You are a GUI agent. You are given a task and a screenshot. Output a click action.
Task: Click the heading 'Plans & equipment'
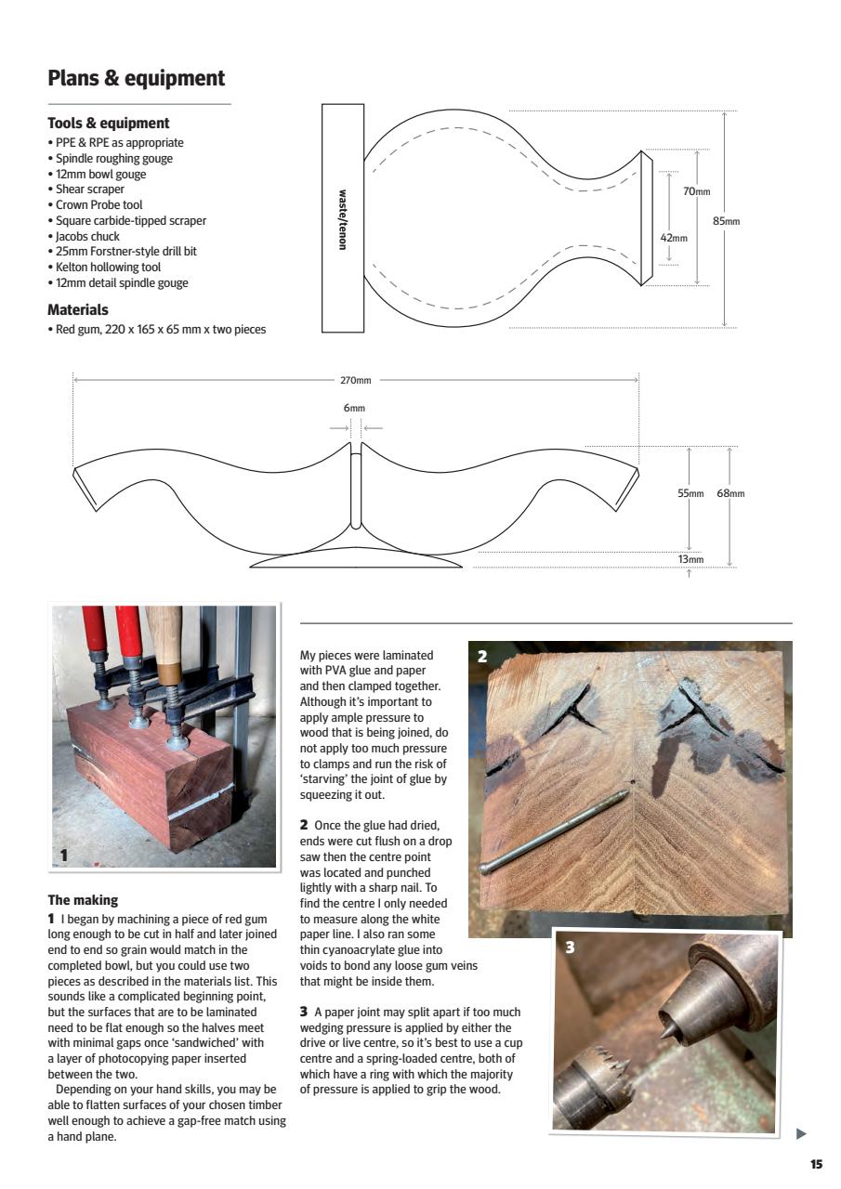click(x=136, y=78)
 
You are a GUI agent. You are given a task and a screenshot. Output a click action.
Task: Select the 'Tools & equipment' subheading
click(x=108, y=123)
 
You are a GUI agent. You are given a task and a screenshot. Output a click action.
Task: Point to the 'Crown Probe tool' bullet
click(x=98, y=204)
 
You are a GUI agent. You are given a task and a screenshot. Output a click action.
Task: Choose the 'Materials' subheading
click(x=78, y=310)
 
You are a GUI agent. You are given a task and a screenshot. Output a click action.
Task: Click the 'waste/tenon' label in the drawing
click(x=343, y=218)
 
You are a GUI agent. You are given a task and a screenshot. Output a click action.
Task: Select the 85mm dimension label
click(x=726, y=220)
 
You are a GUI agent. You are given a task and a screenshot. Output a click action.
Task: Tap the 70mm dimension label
click(x=696, y=191)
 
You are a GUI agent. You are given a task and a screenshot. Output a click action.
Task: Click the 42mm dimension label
click(x=674, y=238)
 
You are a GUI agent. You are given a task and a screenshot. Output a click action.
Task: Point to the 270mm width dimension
click(x=355, y=380)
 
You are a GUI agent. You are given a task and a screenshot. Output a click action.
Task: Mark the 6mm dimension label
click(x=354, y=408)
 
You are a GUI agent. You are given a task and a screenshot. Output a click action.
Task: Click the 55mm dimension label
click(x=690, y=493)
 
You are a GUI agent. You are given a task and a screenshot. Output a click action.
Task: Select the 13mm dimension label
click(x=690, y=559)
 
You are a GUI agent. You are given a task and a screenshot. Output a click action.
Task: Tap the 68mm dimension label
click(x=730, y=493)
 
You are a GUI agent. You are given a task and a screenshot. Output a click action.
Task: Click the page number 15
click(x=816, y=1164)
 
